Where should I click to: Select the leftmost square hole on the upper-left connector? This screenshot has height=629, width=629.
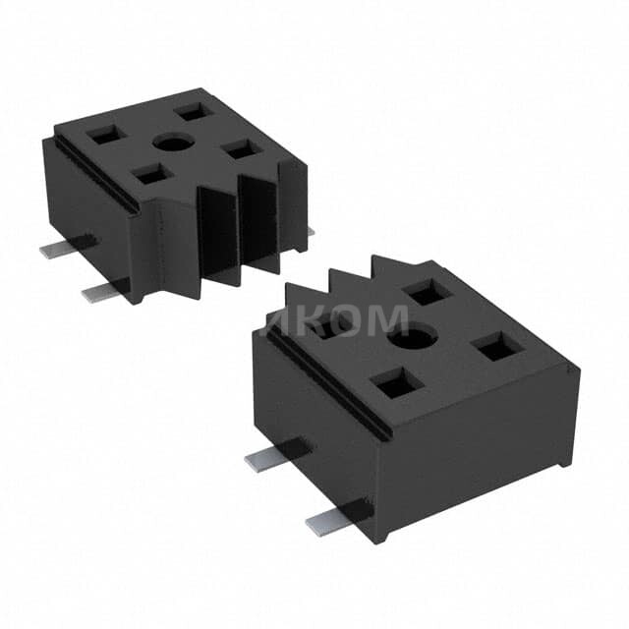(104, 137)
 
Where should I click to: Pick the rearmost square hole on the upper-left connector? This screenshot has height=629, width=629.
(194, 111)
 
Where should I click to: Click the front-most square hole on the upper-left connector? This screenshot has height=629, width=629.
(150, 174)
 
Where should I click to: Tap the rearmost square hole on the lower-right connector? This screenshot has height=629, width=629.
(427, 291)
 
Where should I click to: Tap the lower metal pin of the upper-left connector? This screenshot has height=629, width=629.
(102, 291)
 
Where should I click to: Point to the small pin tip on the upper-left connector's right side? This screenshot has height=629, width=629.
(310, 232)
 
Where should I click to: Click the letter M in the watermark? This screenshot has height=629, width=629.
(386, 320)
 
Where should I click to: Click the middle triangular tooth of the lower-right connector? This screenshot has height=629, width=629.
(346, 281)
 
